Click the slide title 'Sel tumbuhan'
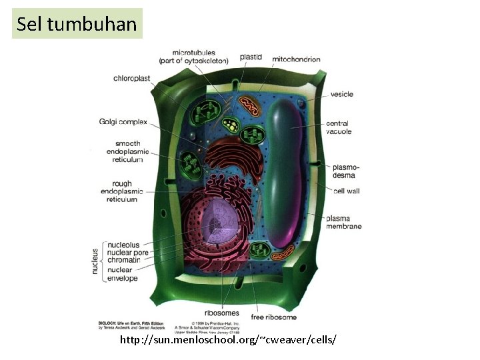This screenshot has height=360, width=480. tap(77, 24)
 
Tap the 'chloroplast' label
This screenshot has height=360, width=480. tap(132, 78)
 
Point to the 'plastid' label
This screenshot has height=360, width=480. tap(251, 57)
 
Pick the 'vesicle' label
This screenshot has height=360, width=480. tap(341, 94)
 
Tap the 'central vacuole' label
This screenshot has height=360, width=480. tap(339, 127)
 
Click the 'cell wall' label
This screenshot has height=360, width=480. tap(346, 191)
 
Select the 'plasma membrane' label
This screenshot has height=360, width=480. tap(343, 222)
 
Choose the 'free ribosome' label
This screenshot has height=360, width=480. tap(273, 317)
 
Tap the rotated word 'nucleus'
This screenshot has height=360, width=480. tap(95, 262)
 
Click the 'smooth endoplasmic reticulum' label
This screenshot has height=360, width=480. tap(129, 151)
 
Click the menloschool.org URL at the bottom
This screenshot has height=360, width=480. tap(228, 340)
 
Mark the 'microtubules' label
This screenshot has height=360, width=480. tap(193, 56)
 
